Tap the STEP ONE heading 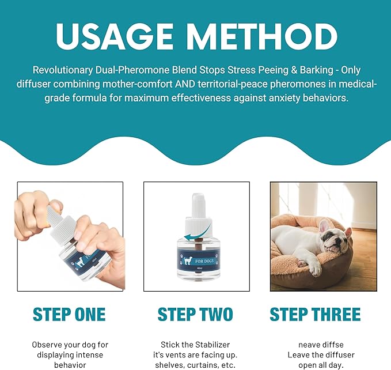[x=69, y=315]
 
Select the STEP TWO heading [x=195, y=315]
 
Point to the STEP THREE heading [x=315, y=315]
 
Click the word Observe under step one [x=48, y=345]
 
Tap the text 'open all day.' [x=321, y=365]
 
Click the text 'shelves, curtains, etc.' [x=195, y=365]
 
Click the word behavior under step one [x=70, y=365]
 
